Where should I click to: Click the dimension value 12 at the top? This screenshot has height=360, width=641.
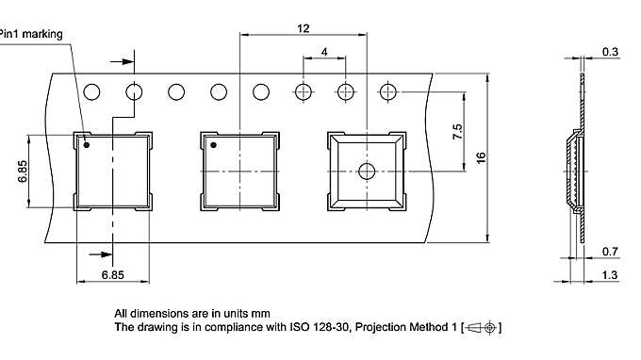click(304, 28)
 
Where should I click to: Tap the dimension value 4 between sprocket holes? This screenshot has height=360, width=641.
click(324, 54)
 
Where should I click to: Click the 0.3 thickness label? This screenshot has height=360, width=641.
click(610, 52)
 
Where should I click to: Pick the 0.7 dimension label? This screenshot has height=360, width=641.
click(610, 252)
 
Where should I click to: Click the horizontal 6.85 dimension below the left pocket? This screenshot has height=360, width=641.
click(113, 273)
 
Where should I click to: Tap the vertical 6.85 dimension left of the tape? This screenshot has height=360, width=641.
click(22, 170)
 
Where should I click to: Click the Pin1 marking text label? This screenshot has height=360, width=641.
click(31, 34)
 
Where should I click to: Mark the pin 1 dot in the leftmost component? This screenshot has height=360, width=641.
click(87, 145)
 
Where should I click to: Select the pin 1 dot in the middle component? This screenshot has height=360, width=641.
click(213, 145)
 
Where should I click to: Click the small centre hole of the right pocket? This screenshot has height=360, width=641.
click(367, 171)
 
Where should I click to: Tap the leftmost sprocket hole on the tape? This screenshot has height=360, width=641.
click(91, 92)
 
